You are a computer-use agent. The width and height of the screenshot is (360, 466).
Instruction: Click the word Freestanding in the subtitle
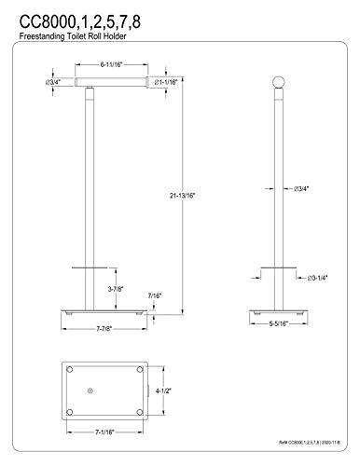click(x=42, y=34)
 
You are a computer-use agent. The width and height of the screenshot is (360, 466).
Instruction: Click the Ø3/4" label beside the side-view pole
click(x=301, y=189)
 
